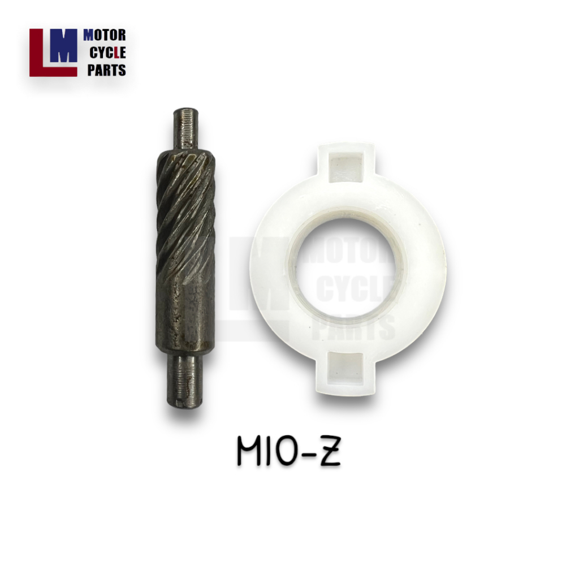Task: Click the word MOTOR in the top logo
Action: click(105, 36)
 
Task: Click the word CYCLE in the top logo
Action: click(107, 53)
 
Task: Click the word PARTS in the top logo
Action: click(106, 70)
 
